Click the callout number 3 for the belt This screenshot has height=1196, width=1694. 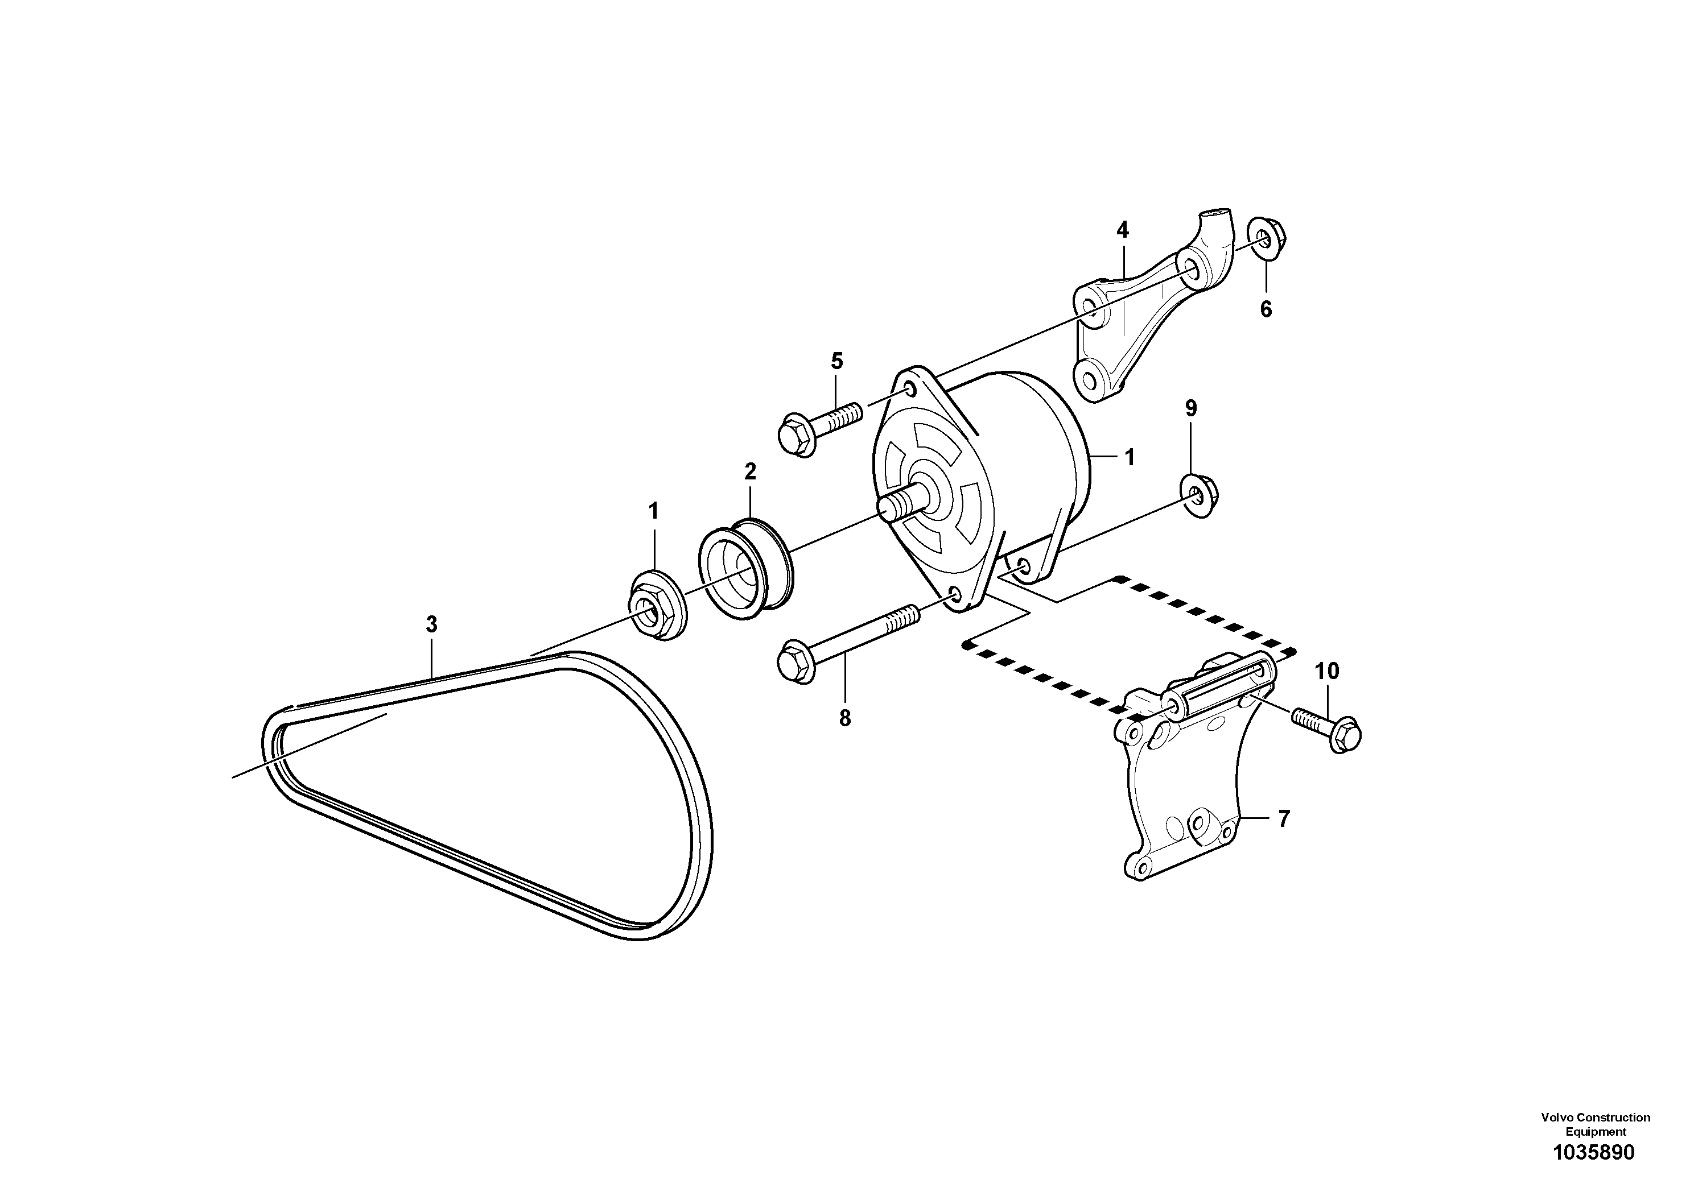(432, 624)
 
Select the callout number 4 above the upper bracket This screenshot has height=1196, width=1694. (1122, 230)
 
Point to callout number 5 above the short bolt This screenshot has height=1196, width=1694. (836, 361)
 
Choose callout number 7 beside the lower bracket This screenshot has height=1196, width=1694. (1284, 818)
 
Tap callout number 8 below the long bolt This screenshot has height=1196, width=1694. (845, 718)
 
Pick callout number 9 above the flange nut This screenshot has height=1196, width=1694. (1191, 408)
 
